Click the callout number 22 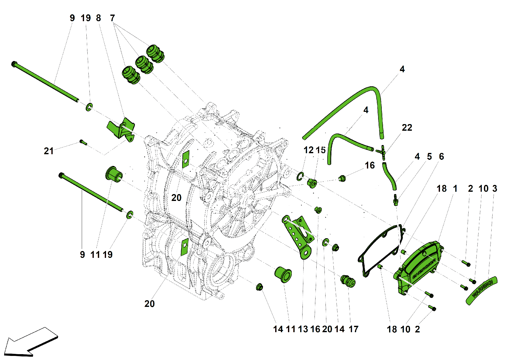(x=407, y=128)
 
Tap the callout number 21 (x=49, y=151)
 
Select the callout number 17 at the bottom (x=353, y=329)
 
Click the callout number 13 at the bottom (x=303, y=329)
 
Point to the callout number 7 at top (x=112, y=18)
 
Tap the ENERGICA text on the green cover (x=424, y=269)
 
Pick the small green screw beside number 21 (x=83, y=142)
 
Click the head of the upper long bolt (x=14, y=64)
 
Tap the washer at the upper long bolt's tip (x=89, y=107)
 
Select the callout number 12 (x=308, y=150)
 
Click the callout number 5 (x=429, y=157)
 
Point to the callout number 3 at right (x=495, y=188)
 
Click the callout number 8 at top (x=98, y=18)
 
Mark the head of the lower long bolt (x=61, y=175)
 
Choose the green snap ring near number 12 (x=300, y=176)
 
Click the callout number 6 (x=441, y=157)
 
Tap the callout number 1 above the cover (x=455, y=188)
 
